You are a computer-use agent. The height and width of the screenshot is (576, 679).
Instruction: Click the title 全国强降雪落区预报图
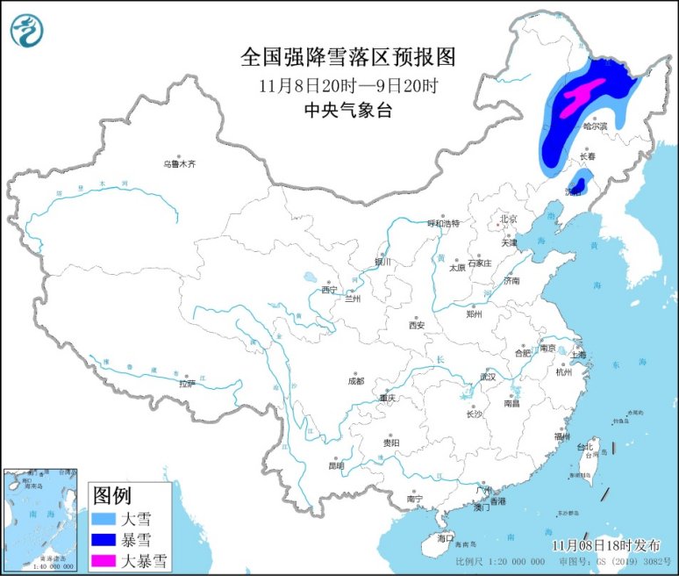[348, 58]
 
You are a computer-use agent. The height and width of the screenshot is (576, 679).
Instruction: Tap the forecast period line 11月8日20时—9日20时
[348, 86]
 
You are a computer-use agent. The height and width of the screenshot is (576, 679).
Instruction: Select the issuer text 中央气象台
[348, 110]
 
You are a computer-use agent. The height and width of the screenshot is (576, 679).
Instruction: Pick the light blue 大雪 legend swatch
[109, 518]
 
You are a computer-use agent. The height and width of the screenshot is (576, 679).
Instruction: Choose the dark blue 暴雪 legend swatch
[109, 538]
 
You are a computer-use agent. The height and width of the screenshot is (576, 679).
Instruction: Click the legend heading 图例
[111, 493]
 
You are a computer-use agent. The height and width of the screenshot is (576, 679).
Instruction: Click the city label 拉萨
[187, 384]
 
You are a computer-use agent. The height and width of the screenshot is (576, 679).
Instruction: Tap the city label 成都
[355, 381]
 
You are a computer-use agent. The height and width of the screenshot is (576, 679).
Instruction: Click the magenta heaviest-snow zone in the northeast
[580, 94]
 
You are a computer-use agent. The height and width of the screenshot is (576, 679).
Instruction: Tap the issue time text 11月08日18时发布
[603, 544]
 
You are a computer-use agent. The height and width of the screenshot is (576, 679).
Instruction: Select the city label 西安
[416, 325]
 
